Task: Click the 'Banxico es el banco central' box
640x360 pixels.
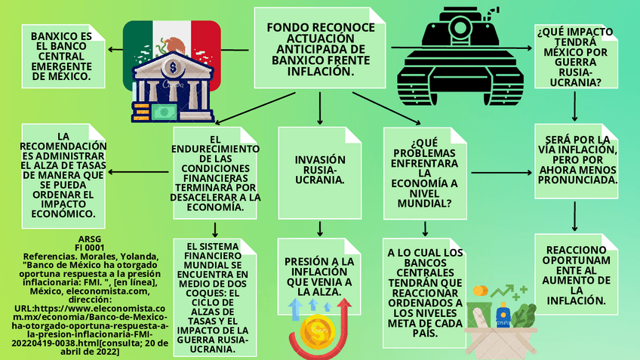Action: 60,56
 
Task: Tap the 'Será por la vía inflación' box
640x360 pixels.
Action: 576,161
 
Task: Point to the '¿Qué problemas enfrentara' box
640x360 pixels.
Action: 423,172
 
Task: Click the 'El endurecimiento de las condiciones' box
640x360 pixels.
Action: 216,173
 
